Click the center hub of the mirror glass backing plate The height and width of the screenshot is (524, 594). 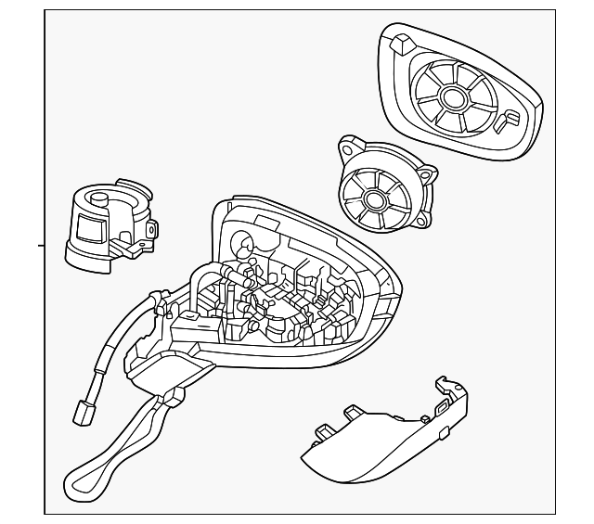click(455, 98)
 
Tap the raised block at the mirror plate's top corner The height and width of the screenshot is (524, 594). click(404, 44)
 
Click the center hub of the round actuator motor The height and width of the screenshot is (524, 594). click(378, 198)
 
